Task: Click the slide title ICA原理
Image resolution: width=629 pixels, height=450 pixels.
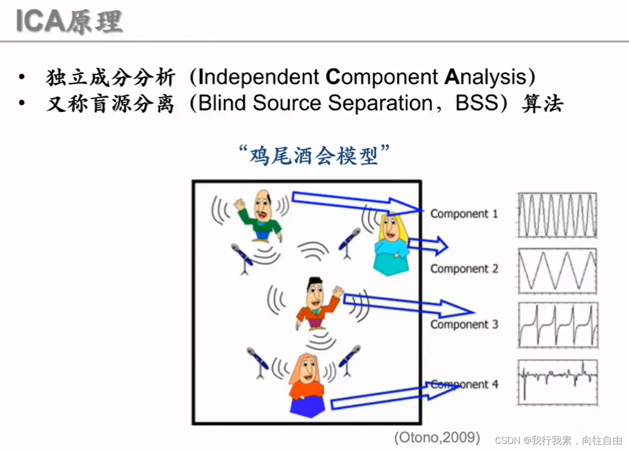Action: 69,21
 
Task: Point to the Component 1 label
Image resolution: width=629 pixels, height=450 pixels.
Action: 464,214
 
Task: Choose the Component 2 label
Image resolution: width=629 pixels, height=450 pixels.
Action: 464,269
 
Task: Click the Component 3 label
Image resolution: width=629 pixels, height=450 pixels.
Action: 464,324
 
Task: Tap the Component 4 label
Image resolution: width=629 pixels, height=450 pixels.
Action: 464,384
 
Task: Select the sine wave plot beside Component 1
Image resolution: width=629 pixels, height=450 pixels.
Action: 557,215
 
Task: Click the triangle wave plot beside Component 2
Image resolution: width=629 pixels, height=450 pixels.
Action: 557,271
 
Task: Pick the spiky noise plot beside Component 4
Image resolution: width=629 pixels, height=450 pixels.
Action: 557,382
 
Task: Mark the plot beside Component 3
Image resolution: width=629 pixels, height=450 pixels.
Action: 557,325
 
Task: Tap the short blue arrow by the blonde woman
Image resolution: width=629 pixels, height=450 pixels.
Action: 427,246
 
